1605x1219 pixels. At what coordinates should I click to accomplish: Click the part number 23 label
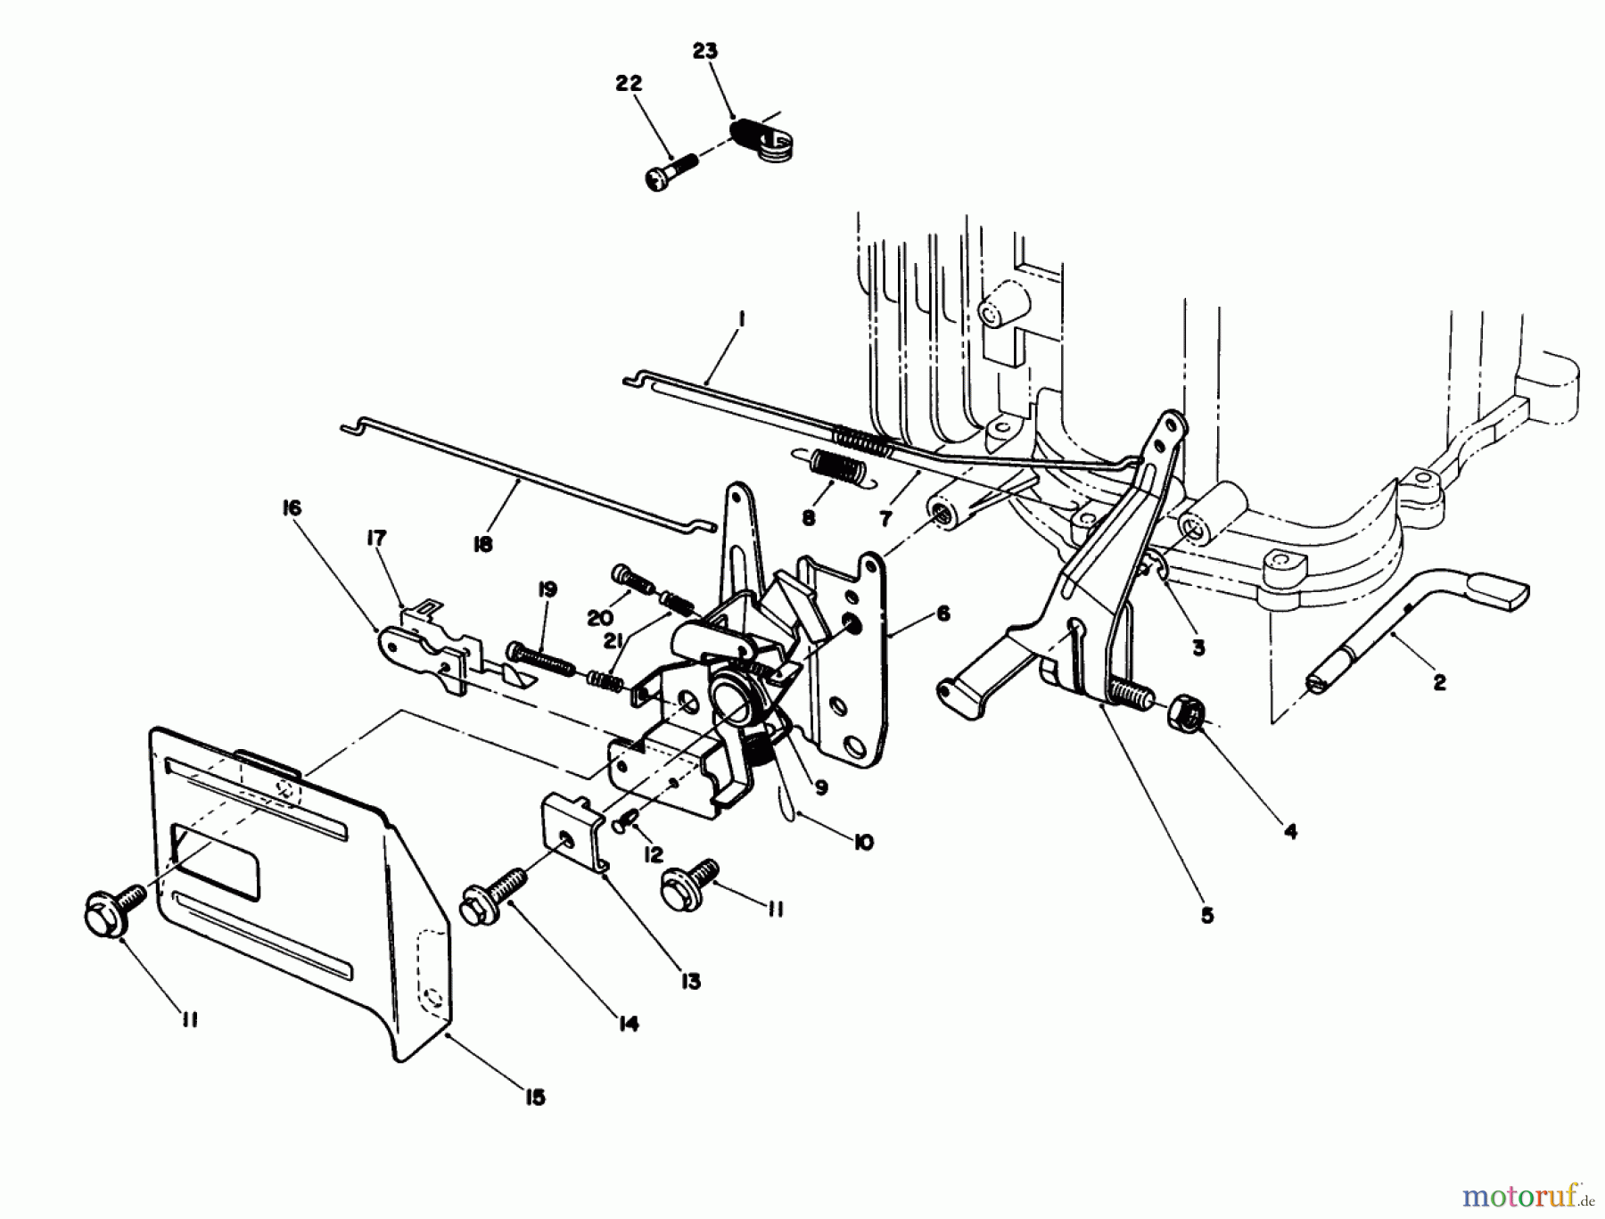pos(704,51)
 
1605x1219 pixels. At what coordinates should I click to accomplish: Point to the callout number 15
pos(534,1097)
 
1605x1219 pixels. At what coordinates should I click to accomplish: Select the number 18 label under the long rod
pos(482,543)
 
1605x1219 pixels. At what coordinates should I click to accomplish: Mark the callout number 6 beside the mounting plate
pos(942,614)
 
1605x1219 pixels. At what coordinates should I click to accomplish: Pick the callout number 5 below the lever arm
pos(1206,915)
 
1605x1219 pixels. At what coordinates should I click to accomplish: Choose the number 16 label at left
pos(292,508)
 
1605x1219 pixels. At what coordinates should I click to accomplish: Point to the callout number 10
pos(862,842)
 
